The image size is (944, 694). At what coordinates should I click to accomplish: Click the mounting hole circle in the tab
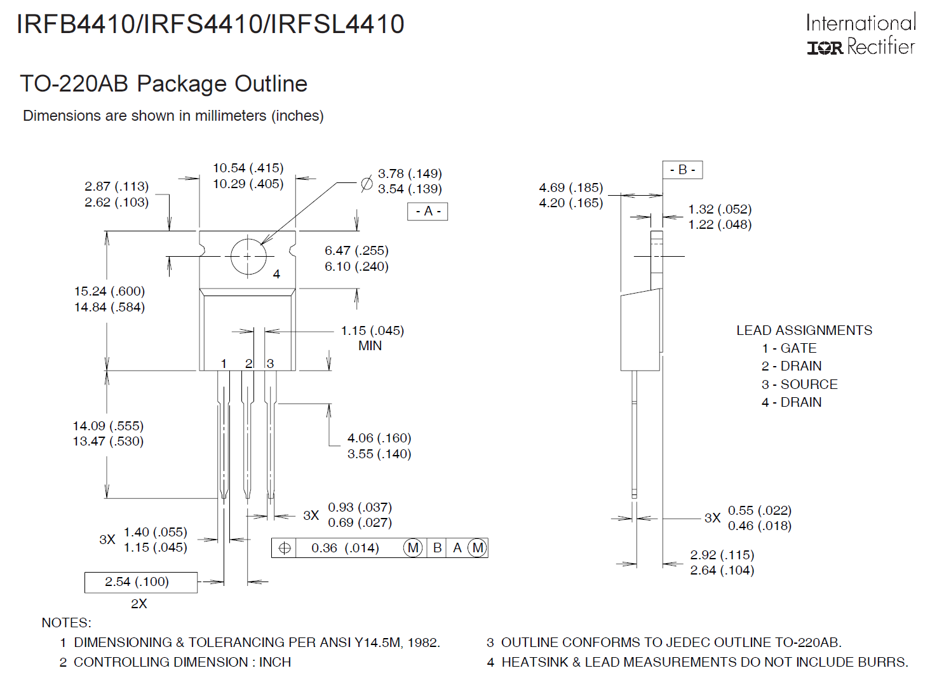(x=248, y=256)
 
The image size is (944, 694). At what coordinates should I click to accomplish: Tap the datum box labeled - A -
(x=428, y=211)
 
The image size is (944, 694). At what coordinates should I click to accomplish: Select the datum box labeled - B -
(x=682, y=170)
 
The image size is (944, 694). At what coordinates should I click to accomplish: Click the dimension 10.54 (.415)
(x=248, y=168)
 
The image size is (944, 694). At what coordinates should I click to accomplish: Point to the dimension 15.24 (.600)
(x=109, y=291)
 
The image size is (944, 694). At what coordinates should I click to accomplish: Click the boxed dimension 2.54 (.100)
(x=137, y=582)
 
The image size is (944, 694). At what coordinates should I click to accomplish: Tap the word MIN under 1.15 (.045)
(x=370, y=346)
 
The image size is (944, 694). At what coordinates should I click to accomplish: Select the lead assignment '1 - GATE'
(x=789, y=348)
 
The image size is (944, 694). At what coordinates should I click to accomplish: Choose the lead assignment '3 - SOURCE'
(x=799, y=384)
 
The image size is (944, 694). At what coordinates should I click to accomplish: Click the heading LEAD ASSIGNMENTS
(x=804, y=330)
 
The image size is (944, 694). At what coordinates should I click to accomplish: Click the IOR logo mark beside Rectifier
(x=825, y=48)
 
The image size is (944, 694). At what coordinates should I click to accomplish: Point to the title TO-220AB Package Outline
(x=164, y=84)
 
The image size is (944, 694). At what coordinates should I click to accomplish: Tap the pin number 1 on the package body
(x=224, y=364)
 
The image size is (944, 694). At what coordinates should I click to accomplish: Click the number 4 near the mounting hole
(x=276, y=274)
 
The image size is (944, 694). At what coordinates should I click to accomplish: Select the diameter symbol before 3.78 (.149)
(x=367, y=184)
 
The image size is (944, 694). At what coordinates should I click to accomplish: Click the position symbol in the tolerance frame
(x=285, y=548)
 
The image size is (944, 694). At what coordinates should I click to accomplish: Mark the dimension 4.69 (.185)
(x=570, y=187)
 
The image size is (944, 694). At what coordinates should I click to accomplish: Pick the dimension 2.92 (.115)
(x=722, y=555)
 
